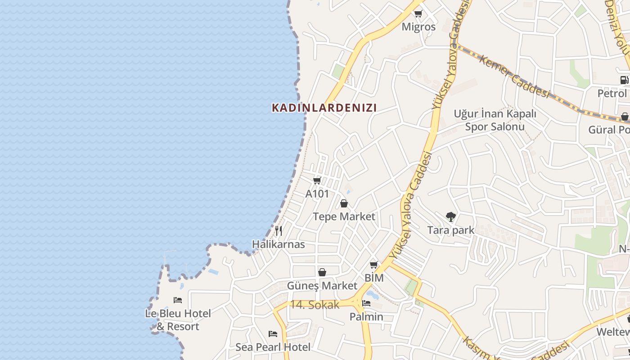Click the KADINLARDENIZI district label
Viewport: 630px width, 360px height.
324,108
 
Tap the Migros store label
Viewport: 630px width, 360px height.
418,27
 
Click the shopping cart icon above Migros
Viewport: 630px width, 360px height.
418,13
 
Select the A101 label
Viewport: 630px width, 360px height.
317,194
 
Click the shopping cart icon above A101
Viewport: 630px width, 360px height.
317,180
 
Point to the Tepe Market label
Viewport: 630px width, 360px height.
344,216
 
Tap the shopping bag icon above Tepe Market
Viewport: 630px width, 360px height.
344,203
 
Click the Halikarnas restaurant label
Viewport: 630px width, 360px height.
278,244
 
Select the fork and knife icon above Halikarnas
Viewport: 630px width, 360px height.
279,231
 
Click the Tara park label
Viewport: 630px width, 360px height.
450,230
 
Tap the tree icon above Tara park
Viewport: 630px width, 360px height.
450,217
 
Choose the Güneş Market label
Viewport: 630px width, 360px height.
322,286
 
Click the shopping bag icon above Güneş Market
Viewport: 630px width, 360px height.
322,272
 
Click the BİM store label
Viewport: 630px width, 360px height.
374,278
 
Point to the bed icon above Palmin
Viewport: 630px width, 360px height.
366,303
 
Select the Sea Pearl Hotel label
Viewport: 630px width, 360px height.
273,347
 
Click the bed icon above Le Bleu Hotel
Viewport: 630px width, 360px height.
178,300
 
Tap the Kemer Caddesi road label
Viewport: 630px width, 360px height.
514,76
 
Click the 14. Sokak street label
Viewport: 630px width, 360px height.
314,305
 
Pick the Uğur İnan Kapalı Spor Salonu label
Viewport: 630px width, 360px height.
495,120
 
